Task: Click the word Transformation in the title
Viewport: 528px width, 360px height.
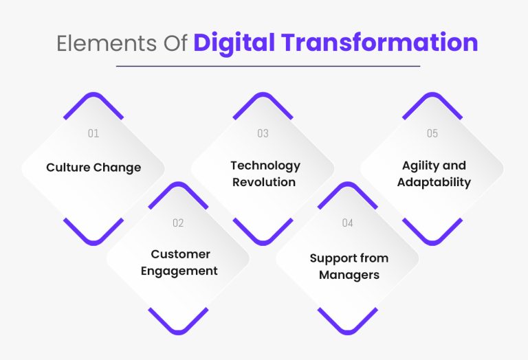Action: pos(371,43)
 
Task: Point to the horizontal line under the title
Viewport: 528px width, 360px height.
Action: pos(267,66)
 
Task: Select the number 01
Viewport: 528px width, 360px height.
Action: pos(93,133)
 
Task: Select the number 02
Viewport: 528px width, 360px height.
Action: pos(178,223)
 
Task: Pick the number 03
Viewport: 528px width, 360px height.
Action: pos(263,133)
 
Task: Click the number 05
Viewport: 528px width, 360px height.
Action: pos(432,133)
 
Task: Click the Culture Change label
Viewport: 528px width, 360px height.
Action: pos(93,168)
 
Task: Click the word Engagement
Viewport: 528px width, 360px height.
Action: pos(179,271)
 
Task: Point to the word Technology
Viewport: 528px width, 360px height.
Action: pos(265,166)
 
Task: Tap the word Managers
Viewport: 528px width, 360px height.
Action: pos(349,275)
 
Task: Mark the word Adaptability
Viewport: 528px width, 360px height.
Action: pos(434,182)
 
